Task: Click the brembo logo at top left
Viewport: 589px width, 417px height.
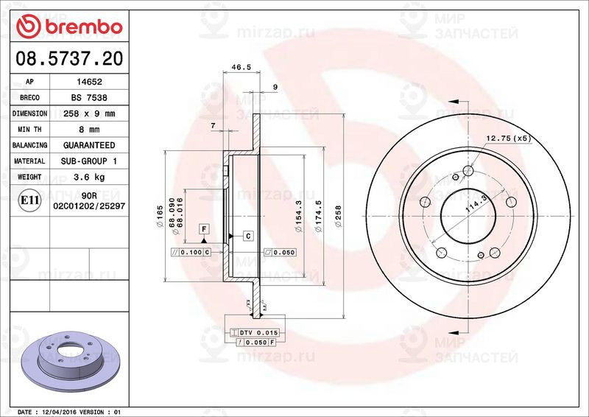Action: (68, 26)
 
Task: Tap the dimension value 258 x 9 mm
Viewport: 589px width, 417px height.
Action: (89, 113)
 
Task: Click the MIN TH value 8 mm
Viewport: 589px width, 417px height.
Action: (89, 130)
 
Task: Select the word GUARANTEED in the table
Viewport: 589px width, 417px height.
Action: (89, 145)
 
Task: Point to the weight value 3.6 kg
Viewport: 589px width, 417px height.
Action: (89, 177)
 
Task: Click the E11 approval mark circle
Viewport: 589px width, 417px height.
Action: (30, 200)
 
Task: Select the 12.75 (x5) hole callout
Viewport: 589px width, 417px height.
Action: (508, 138)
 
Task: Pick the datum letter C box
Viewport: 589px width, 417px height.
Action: (248, 236)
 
